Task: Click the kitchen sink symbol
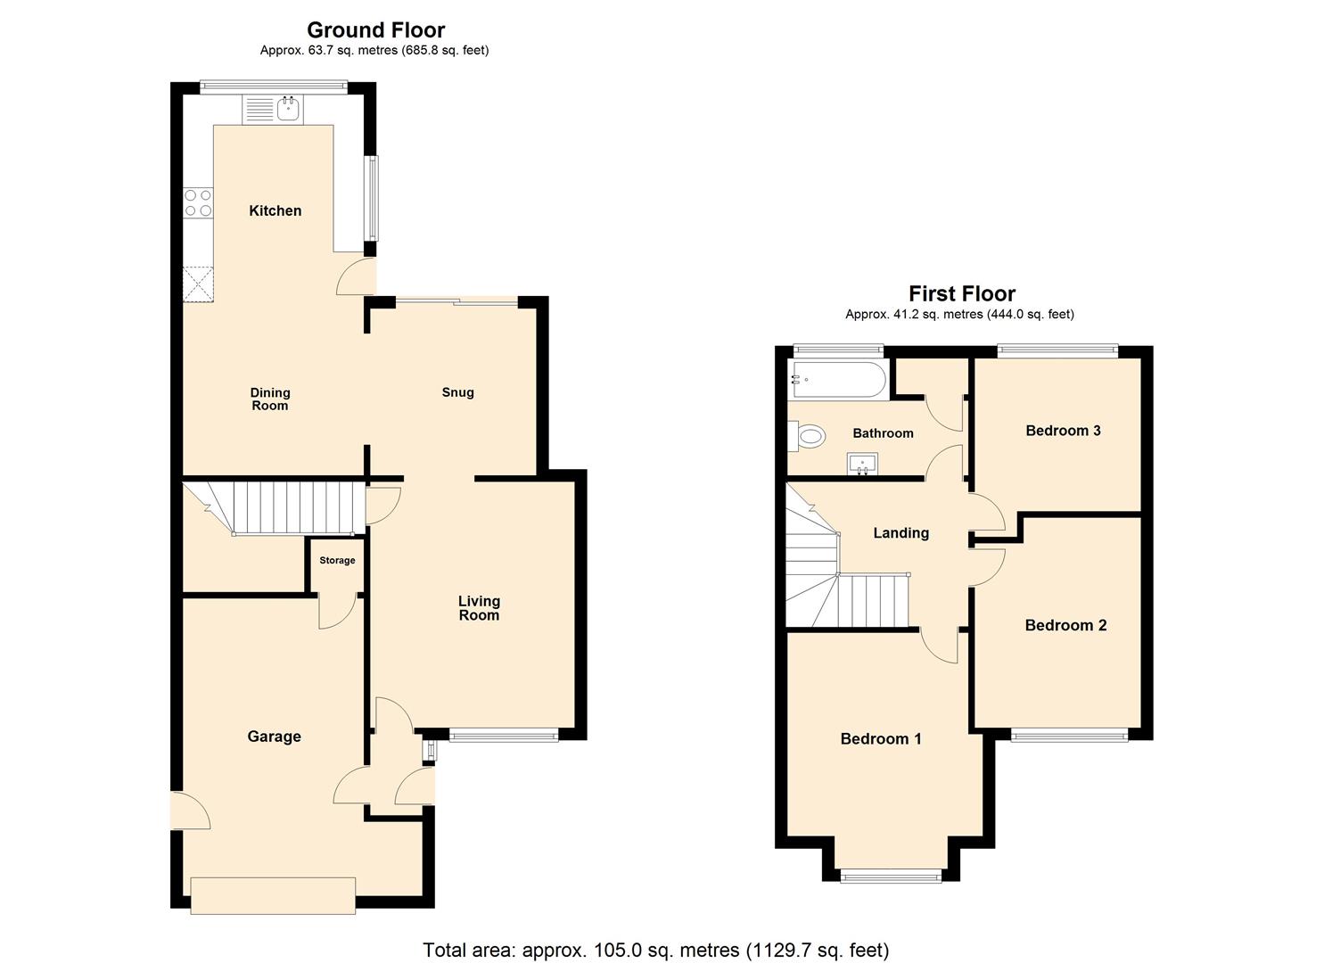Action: [x=288, y=110]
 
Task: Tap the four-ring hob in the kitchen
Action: [x=198, y=202]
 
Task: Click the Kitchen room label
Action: [x=275, y=210]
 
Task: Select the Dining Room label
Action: [x=270, y=399]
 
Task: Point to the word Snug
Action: [x=457, y=392]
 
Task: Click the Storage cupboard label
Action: [x=337, y=561]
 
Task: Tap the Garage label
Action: [x=274, y=737]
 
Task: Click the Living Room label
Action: [x=479, y=608]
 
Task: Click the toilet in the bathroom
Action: [x=808, y=437]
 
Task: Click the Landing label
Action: [x=900, y=533]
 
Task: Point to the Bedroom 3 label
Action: [x=1063, y=431]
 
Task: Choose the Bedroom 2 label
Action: [x=1065, y=625]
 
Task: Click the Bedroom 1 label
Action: [x=881, y=738]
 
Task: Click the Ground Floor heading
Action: [x=375, y=30]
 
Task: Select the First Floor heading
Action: [x=961, y=293]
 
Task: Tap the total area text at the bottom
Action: [x=655, y=950]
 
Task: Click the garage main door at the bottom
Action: [x=273, y=895]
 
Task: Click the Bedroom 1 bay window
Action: [x=891, y=877]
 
